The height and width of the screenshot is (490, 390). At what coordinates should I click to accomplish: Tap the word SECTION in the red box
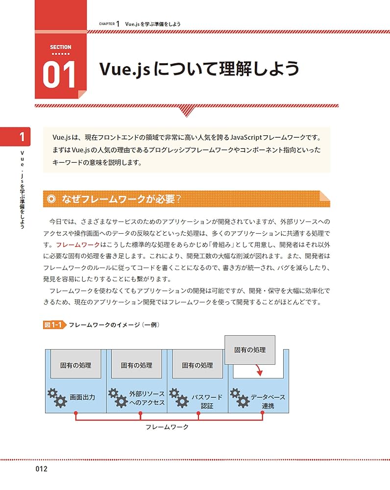point(61,47)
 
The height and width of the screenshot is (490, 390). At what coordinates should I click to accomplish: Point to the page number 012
point(39,469)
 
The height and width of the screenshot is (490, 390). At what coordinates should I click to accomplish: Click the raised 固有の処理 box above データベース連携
point(250,350)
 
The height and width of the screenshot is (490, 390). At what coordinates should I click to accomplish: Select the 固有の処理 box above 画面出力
point(75,365)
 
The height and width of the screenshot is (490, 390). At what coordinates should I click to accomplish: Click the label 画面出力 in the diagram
point(82,397)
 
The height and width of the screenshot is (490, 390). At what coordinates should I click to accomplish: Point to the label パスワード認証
point(207,401)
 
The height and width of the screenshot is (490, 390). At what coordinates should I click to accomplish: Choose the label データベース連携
point(268,401)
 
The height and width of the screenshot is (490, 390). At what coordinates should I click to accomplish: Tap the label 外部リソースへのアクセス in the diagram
point(146,398)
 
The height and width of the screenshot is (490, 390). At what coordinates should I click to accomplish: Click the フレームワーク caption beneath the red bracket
point(167,427)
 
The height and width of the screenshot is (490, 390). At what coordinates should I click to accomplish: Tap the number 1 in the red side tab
point(22,137)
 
